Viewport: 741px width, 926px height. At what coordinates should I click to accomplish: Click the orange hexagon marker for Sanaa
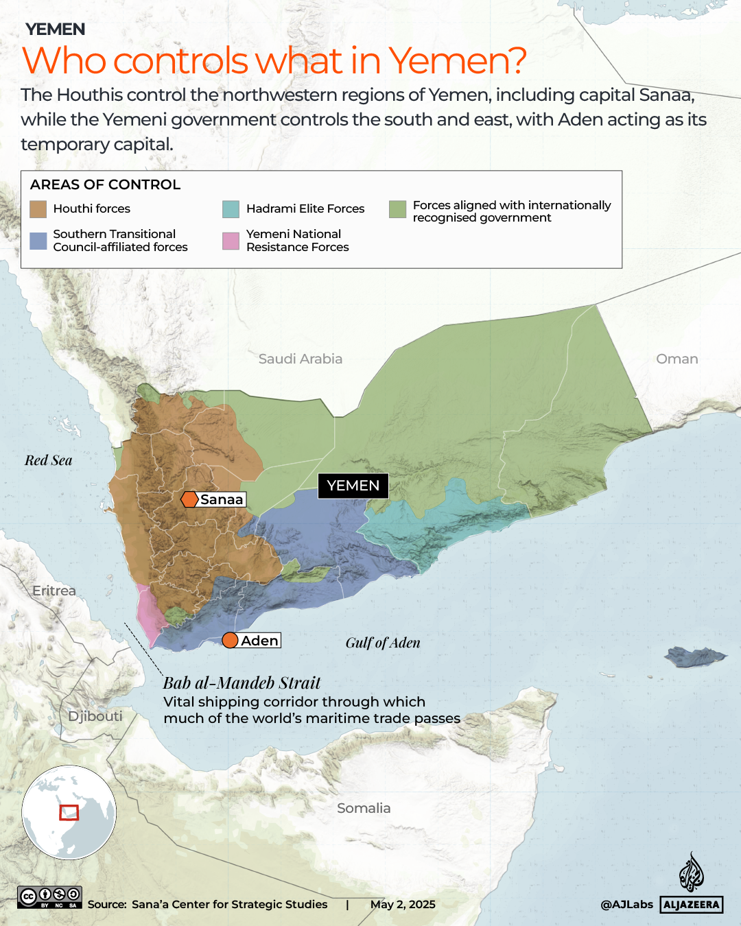[x=189, y=499]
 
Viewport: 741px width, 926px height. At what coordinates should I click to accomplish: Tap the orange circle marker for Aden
[x=231, y=641]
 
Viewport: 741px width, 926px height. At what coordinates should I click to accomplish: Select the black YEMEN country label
[x=353, y=486]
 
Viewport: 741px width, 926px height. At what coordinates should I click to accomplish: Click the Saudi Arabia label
[x=300, y=359]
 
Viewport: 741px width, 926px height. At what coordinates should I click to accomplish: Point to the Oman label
[x=677, y=359]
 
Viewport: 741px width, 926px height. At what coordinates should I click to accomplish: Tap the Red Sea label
[x=49, y=460]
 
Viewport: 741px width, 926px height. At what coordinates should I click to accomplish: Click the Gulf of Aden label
[x=382, y=643]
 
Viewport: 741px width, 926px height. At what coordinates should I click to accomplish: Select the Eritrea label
[x=54, y=591]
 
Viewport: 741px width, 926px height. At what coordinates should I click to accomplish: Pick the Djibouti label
[x=95, y=716]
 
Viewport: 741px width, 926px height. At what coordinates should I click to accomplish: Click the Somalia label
[x=364, y=808]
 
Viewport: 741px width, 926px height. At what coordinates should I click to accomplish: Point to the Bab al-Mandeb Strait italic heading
[x=242, y=682]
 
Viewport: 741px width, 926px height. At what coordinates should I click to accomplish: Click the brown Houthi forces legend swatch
[x=38, y=209]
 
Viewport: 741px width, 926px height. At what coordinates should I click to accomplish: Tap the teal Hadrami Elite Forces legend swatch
[x=231, y=209]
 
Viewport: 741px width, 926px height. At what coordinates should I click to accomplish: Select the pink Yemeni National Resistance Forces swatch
[x=231, y=241]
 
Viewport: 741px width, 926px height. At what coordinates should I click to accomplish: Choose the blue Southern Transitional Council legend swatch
[x=38, y=241]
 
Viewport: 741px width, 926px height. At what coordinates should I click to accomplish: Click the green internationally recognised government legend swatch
[x=397, y=209]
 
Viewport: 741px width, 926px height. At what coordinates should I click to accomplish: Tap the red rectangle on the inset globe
[x=69, y=813]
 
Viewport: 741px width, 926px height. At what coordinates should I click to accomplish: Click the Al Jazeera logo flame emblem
[x=691, y=872]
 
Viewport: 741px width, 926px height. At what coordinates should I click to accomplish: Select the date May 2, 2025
[x=403, y=904]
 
